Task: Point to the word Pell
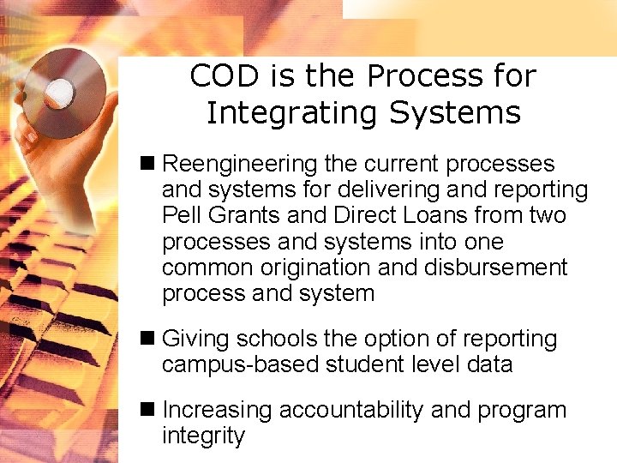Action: point(178,215)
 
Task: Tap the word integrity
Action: point(203,436)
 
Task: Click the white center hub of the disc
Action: point(60,90)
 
